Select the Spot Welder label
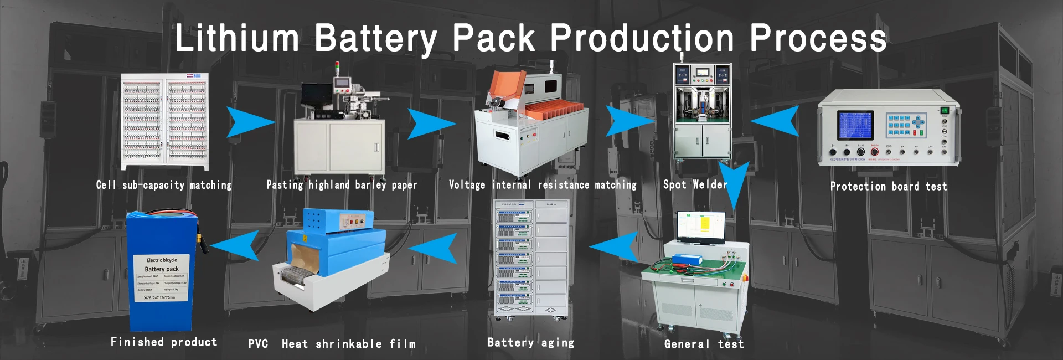click(x=695, y=185)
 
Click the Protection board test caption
click(x=888, y=187)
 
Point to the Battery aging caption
click(x=530, y=343)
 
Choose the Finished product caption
click(x=164, y=342)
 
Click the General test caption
click(x=704, y=344)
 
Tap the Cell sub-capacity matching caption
click(x=164, y=185)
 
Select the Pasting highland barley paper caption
click(x=342, y=185)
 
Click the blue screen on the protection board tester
click(x=855, y=125)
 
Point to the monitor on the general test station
click(x=701, y=227)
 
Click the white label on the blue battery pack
click(x=162, y=278)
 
